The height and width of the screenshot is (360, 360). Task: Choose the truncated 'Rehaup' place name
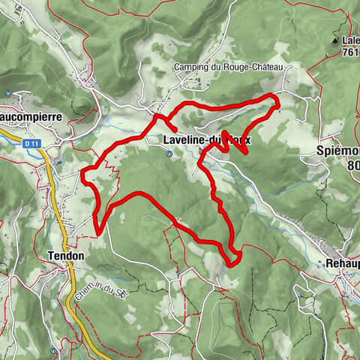pyautogui.click(x=343, y=263)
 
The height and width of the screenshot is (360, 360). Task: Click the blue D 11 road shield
pyautogui.click(x=30, y=142)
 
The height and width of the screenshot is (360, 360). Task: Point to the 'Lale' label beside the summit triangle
pyautogui.click(x=349, y=40)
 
